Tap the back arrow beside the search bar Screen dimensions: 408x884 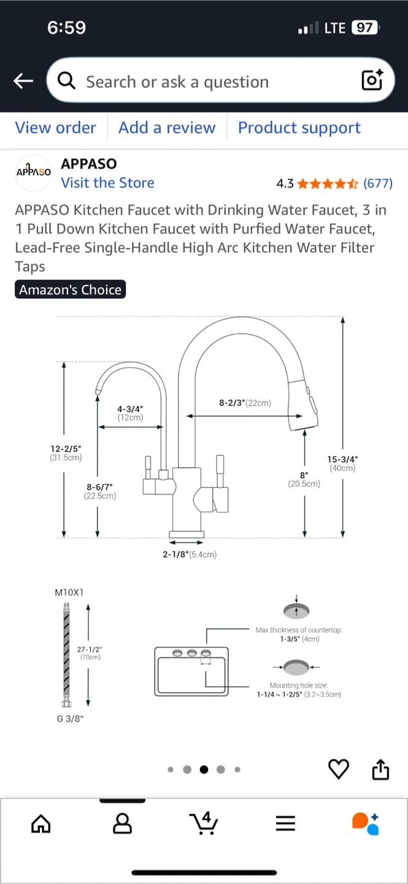(x=23, y=81)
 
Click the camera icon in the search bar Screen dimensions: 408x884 (x=372, y=80)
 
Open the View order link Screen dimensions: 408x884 (x=56, y=128)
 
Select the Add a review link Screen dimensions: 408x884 (x=167, y=128)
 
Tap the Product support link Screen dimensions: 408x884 (x=299, y=128)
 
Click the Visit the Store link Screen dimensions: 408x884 (x=108, y=183)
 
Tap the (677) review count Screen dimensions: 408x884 (x=378, y=184)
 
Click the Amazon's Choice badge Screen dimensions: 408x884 (x=70, y=290)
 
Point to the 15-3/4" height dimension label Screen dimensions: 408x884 (x=342, y=459)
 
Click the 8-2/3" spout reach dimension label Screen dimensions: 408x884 (x=233, y=403)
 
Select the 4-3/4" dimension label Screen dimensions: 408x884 (x=130, y=409)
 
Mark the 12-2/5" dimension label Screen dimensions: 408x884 (x=66, y=449)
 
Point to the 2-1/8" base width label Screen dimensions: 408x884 (x=175, y=554)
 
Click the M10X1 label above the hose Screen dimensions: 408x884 (x=69, y=592)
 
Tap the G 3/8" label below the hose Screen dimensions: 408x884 (x=71, y=719)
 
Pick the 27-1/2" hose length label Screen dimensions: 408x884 (x=90, y=649)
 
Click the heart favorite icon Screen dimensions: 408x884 (x=339, y=769)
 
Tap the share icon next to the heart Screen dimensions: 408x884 (x=381, y=769)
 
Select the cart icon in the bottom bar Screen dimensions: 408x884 (x=204, y=823)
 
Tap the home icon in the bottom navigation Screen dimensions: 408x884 (x=41, y=824)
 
